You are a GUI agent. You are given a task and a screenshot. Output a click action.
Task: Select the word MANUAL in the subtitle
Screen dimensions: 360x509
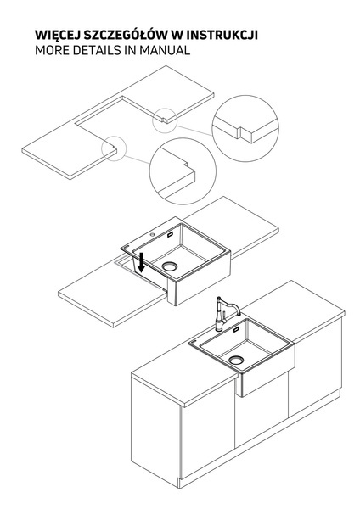coord(165,51)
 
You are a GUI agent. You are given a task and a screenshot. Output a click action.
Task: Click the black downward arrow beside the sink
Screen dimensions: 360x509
coord(141,263)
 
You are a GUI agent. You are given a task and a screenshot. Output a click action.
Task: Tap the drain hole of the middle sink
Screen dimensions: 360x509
coord(170,266)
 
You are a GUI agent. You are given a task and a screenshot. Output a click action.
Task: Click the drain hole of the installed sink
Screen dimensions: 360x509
coord(236,360)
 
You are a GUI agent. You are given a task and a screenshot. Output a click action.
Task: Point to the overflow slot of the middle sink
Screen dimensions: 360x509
coord(170,235)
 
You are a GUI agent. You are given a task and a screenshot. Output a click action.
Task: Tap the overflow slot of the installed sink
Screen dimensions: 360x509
coord(236,330)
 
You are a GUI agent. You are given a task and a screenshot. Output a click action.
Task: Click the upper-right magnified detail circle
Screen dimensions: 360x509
coord(245,95)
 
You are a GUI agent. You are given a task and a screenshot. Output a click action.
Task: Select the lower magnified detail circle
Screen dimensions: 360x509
coord(183,137)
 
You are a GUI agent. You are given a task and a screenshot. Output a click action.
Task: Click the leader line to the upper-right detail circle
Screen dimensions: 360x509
coord(194,131)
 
